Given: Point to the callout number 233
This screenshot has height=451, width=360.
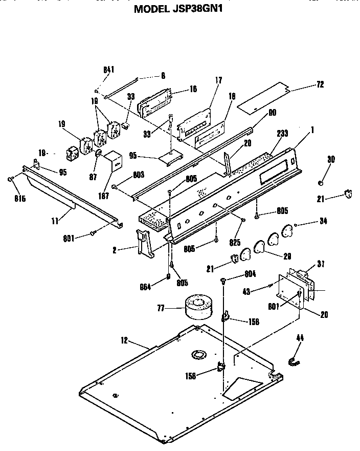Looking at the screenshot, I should (282, 133).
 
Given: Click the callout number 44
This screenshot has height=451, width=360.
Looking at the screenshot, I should (300, 338).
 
